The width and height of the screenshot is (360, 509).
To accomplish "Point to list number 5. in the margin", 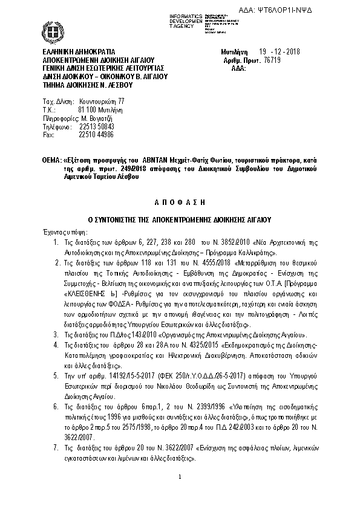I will (56, 375).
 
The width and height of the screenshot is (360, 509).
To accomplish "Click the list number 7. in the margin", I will (56, 447).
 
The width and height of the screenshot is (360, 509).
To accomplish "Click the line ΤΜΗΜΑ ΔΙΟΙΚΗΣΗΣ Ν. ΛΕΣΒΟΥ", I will (84, 85).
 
